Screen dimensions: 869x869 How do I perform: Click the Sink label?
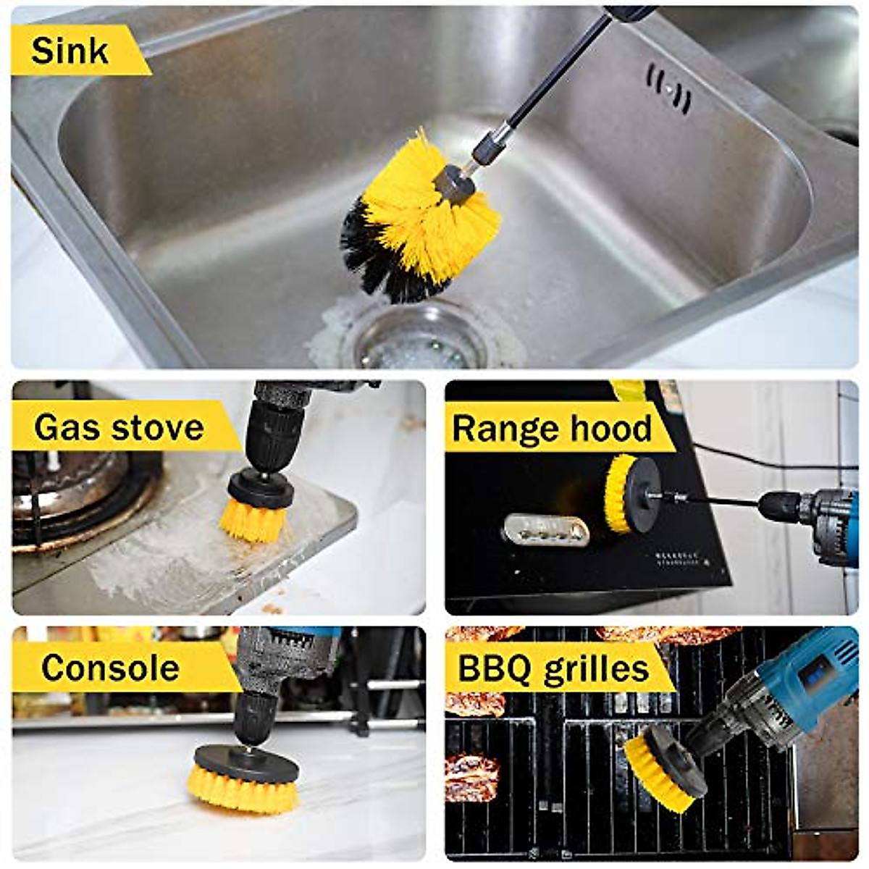pyautogui.click(x=70, y=51)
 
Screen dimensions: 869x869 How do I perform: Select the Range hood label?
pyautogui.click(x=552, y=429)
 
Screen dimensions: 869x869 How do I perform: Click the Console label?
pyautogui.click(x=110, y=668)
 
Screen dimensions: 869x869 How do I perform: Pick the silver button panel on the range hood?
pyautogui.click(x=545, y=529)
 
